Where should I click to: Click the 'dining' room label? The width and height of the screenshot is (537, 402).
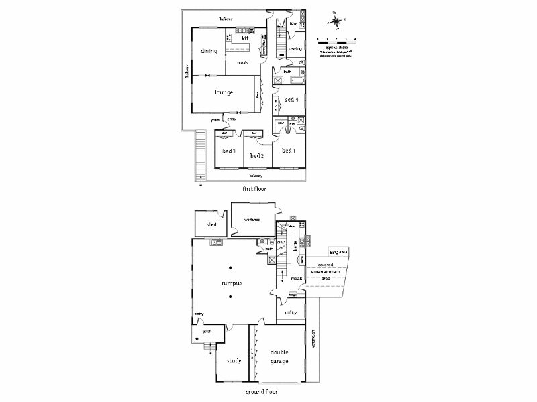207,51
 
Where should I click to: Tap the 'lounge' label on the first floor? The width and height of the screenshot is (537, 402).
224,92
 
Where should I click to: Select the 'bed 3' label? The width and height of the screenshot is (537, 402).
228,151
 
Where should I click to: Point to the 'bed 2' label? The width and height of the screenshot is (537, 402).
256,155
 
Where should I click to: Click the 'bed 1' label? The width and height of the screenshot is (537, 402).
289,151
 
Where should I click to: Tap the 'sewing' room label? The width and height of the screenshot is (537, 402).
295,49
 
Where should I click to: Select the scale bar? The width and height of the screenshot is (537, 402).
336,42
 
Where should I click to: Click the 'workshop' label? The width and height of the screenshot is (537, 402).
252,220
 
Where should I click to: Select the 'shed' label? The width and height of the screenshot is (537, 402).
211,225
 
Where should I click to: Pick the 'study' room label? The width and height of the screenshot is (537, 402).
233,361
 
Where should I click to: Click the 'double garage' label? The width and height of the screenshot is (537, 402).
279,356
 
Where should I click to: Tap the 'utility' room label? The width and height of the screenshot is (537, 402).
291,313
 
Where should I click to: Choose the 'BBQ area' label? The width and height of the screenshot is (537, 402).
338,253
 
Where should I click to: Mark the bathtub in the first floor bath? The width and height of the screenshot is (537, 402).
296,80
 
